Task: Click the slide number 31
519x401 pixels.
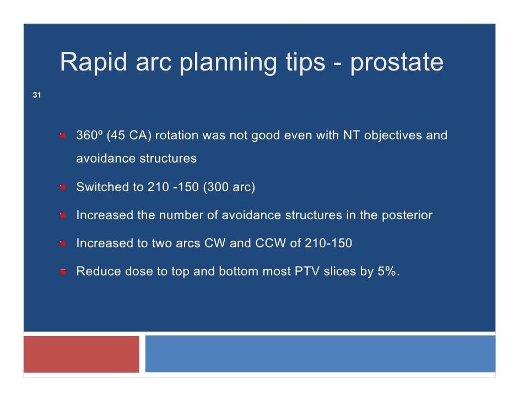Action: click(x=37, y=95)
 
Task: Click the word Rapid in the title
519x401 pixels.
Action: click(x=93, y=62)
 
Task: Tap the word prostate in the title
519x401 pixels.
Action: click(x=397, y=63)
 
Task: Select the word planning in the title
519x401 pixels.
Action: click(x=228, y=63)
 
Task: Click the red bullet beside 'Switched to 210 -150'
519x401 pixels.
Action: click(x=63, y=187)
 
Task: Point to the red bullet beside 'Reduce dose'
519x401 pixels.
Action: click(x=63, y=272)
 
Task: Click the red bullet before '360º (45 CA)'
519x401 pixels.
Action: click(x=63, y=136)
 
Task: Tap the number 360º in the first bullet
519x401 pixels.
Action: click(x=89, y=135)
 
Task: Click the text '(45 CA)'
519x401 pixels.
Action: click(x=129, y=136)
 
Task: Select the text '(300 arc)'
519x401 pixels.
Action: click(x=229, y=187)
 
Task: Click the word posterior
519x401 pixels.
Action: click(x=407, y=215)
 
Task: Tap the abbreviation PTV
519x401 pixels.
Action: click(x=307, y=272)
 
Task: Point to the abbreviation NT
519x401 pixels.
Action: click(x=352, y=135)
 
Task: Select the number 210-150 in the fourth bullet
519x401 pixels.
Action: click(x=328, y=243)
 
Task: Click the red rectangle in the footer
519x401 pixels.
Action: click(x=82, y=354)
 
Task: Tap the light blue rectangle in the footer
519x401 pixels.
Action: click(x=321, y=354)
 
